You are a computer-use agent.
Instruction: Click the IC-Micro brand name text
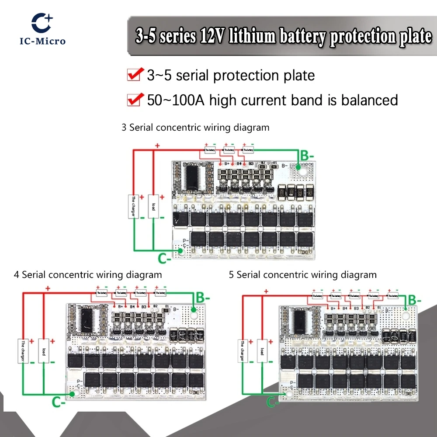42,41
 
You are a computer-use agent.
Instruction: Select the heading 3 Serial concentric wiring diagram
195,128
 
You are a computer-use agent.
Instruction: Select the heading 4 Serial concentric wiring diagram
88,275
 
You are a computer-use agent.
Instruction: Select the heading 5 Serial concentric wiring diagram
302,275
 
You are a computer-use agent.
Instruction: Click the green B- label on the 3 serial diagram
306,155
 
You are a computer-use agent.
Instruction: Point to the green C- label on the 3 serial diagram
165,259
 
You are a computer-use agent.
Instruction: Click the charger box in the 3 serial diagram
133,207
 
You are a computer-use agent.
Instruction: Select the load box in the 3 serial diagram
153,207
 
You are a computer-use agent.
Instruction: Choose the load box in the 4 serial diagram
43,350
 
